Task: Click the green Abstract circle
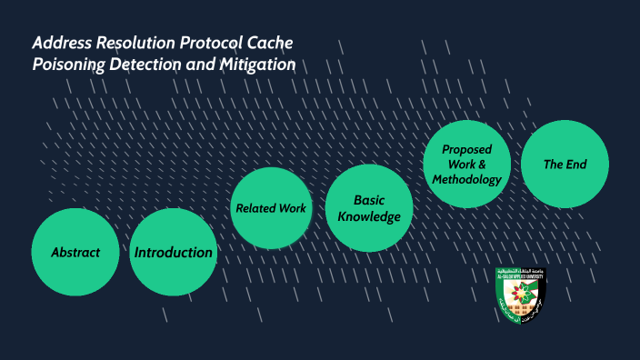[75, 252]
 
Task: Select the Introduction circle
[174, 252]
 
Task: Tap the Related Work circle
[271, 208]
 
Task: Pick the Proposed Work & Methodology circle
[466, 165]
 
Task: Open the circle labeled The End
[565, 165]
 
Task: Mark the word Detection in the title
[153, 65]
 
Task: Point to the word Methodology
[466, 179]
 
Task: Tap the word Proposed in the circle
[466, 149]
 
